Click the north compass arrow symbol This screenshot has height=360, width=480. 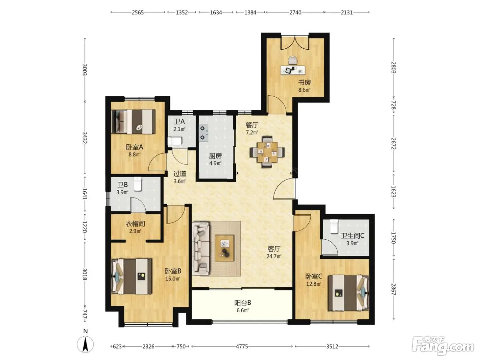point(85,344)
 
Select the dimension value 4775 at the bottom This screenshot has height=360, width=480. point(242,346)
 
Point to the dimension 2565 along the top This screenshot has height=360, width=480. point(137,12)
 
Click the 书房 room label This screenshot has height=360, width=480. point(304,82)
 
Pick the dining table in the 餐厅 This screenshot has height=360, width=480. point(267,152)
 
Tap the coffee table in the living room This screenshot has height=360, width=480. point(224,248)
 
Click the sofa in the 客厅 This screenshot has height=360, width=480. point(201,249)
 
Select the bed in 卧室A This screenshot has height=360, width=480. point(133,121)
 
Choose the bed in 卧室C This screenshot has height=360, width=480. point(348,293)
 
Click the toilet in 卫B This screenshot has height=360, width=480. point(138,184)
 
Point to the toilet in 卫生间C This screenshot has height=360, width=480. point(334,226)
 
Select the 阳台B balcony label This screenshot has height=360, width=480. point(242,303)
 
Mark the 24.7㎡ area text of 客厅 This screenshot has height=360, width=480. point(274,256)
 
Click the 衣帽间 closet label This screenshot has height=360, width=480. point(135,224)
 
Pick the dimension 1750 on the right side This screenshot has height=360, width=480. point(393,238)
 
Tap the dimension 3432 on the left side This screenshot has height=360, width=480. point(85,138)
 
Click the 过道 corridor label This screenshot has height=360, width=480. point(180,174)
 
